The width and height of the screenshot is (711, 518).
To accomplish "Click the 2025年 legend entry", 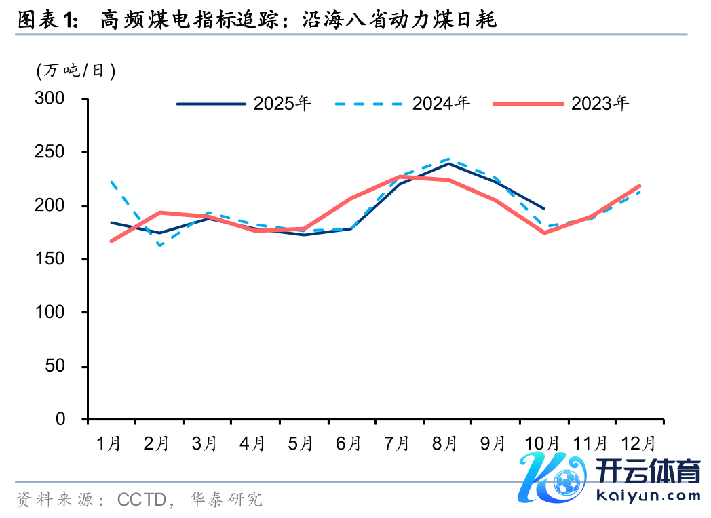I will (282, 104).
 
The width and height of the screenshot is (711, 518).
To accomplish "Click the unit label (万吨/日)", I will (75, 70).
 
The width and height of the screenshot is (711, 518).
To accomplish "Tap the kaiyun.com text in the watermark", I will (648, 495).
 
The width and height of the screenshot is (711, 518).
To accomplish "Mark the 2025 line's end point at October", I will (543, 208).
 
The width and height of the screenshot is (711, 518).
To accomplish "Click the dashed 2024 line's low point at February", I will (159, 245).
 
